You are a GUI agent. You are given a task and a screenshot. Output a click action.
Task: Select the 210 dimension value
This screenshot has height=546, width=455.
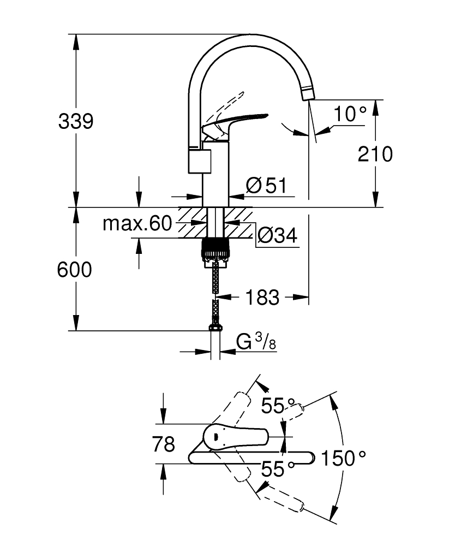(375, 155)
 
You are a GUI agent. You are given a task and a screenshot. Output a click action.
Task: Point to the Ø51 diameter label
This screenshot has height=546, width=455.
(266, 186)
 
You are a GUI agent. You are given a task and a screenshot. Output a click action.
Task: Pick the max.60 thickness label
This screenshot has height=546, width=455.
(137, 223)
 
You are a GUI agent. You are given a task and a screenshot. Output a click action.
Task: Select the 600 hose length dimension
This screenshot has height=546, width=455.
(75, 270)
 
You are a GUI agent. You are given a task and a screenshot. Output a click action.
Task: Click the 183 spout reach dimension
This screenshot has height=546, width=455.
(262, 298)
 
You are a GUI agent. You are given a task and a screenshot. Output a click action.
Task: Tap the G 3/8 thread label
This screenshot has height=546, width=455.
(256, 342)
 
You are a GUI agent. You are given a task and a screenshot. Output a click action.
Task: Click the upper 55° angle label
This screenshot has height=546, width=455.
(279, 405)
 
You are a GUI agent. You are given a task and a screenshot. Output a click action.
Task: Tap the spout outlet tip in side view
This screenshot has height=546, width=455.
(307, 94)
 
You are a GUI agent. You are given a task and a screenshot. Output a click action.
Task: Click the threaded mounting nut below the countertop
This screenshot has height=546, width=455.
(216, 250)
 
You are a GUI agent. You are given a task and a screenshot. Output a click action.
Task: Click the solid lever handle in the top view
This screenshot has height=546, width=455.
(235, 436)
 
